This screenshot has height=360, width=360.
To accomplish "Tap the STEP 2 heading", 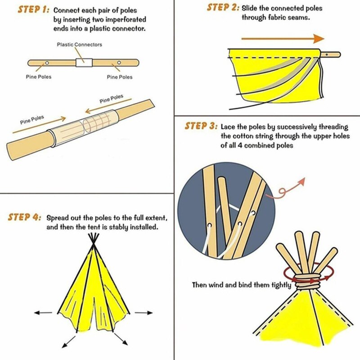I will click(x=222, y=8).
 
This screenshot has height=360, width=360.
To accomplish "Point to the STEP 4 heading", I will click(x=25, y=217).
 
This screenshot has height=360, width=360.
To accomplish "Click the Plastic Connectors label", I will click(x=79, y=45).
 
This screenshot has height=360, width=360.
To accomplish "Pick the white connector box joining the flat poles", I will click(x=83, y=63).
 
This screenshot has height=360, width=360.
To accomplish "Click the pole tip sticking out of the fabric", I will click(x=332, y=54).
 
